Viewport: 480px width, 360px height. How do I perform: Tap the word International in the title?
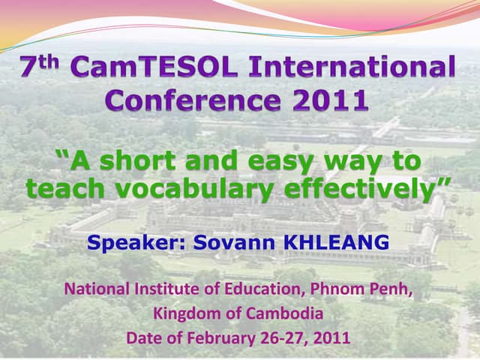[353, 68]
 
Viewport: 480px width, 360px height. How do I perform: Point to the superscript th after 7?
[49, 62]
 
